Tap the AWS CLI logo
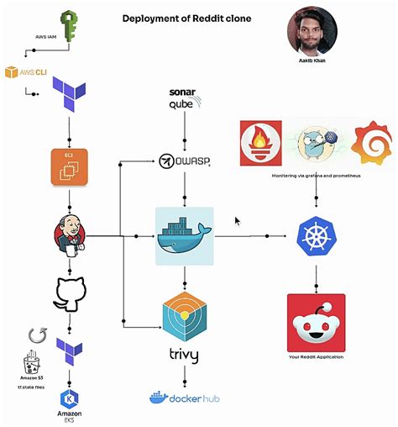[x=24, y=72]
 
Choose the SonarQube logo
[x=183, y=99]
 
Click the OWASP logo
[x=184, y=161]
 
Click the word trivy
[x=183, y=356]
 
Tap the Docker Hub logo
[x=183, y=398]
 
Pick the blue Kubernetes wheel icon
[x=316, y=238]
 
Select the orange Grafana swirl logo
[x=371, y=143]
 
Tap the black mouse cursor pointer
[x=238, y=221]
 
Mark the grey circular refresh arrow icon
[x=36, y=336]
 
